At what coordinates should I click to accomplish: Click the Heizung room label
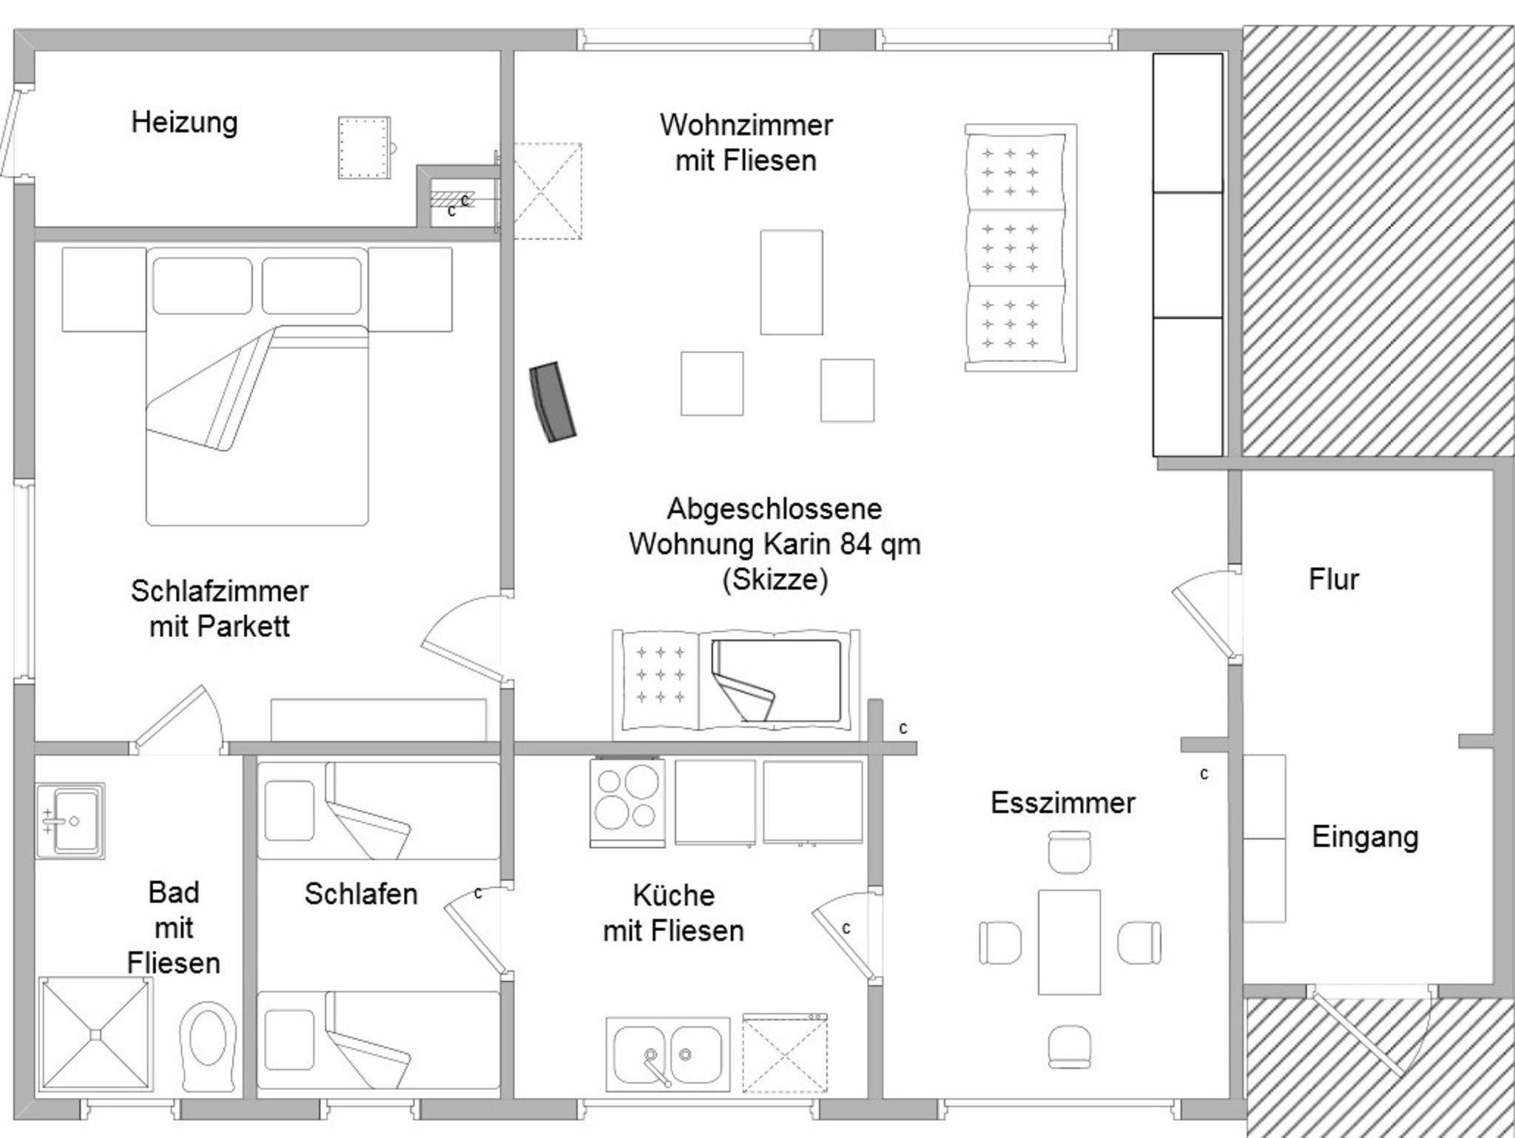click(184, 122)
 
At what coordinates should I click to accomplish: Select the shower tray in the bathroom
click(95, 1034)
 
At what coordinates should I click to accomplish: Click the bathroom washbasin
click(70, 820)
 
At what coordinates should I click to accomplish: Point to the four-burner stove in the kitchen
click(627, 802)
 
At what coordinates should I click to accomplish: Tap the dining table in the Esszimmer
click(1069, 942)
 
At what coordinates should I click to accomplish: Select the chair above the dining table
click(1069, 850)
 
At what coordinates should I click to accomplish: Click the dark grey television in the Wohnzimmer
click(553, 403)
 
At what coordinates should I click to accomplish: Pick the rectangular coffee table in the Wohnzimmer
click(791, 282)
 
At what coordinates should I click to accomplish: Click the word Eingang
click(1365, 837)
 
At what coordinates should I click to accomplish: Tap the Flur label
click(1333, 579)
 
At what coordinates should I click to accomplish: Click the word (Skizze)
click(775, 579)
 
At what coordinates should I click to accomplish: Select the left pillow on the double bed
click(203, 286)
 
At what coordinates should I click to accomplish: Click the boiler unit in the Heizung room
click(364, 147)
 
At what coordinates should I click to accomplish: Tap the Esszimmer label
click(1062, 803)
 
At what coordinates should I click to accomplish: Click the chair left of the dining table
click(999, 943)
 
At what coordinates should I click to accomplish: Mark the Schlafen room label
click(361, 894)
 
